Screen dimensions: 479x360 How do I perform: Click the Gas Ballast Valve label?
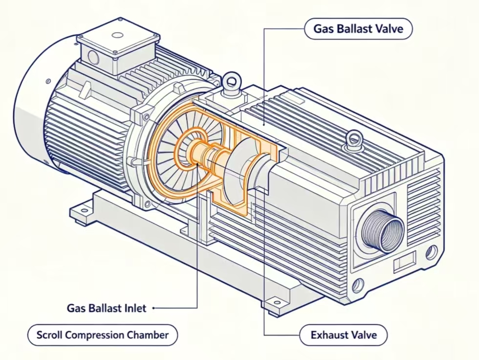point(358,29)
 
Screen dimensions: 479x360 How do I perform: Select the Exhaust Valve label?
point(343,335)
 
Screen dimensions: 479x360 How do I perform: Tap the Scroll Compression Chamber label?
point(102,335)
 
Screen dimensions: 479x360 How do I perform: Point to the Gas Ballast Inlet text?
point(107,308)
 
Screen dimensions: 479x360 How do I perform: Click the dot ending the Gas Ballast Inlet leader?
point(153,308)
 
